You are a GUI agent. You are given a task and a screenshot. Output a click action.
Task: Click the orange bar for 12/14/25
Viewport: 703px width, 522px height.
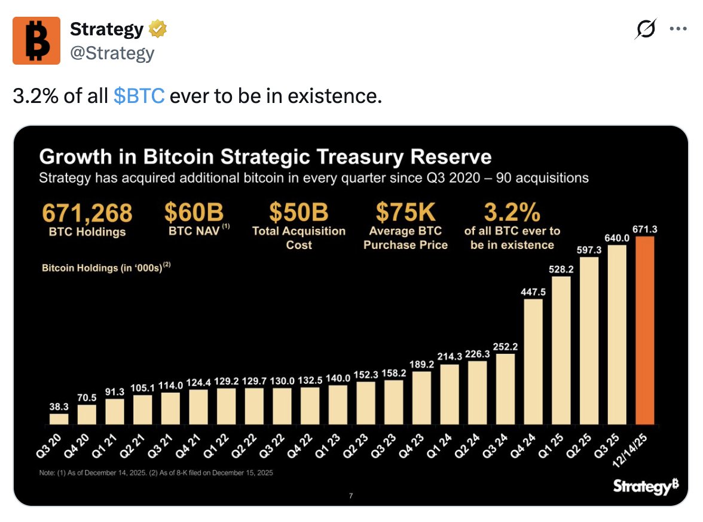(645, 330)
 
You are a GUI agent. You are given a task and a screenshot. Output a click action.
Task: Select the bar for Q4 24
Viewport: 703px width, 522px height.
(533, 362)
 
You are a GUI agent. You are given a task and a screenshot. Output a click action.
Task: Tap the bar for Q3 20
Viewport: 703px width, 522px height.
(59, 418)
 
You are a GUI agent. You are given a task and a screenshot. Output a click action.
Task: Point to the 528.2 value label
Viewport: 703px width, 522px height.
(561, 269)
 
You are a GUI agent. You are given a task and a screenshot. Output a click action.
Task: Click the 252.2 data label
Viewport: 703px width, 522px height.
(505, 347)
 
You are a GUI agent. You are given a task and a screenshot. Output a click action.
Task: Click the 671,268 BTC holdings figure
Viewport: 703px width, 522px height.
(87, 213)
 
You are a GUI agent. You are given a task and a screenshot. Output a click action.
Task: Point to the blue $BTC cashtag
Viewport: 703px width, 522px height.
(138, 96)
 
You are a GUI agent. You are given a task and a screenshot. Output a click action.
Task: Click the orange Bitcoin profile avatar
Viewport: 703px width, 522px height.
(36, 41)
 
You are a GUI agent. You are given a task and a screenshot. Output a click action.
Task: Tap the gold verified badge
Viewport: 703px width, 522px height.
(158, 29)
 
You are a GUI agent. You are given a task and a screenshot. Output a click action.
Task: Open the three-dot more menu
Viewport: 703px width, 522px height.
(678, 29)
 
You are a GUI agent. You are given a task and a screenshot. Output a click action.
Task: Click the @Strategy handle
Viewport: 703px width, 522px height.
(112, 53)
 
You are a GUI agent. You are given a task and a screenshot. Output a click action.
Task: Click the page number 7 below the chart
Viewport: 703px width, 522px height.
(351, 496)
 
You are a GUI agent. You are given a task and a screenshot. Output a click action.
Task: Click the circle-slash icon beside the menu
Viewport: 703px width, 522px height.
(646, 29)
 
